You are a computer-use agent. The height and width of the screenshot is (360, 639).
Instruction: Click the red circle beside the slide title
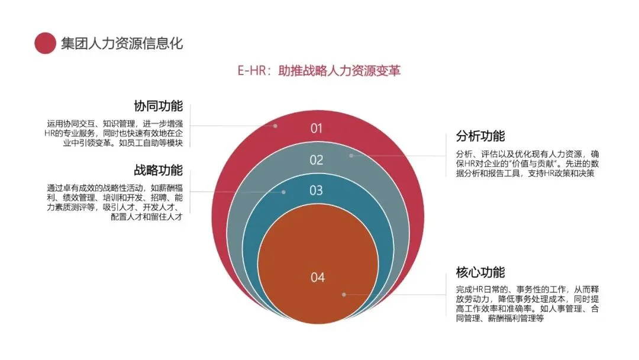pyautogui.click(x=45, y=43)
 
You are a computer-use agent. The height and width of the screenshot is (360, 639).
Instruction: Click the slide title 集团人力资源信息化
pyautogui.click(x=122, y=43)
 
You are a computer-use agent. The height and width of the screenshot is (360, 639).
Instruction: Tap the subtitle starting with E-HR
pyautogui.click(x=319, y=70)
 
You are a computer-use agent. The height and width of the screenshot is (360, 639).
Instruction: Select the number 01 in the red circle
pyautogui.click(x=317, y=128)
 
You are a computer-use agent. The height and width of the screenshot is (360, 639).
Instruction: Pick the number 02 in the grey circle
pyautogui.click(x=317, y=160)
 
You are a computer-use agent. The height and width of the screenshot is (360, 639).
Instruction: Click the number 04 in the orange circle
pyautogui.click(x=318, y=277)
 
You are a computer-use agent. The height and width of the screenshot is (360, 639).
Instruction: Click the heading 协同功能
pyautogui.click(x=158, y=107)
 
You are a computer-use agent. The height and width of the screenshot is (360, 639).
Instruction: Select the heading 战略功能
pyautogui.click(x=158, y=170)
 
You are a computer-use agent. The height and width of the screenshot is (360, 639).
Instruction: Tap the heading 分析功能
pyautogui.click(x=480, y=136)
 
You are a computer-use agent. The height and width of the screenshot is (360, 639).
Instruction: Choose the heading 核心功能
pyautogui.click(x=480, y=272)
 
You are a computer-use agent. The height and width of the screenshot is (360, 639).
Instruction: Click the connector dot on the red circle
pyautogui.click(x=275, y=126)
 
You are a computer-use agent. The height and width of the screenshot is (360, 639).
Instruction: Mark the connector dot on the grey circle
pyautogui.click(x=351, y=156)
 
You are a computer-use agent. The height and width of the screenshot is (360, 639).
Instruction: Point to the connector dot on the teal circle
pyautogui.click(x=284, y=192)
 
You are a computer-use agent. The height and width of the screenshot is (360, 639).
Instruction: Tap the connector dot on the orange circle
pyautogui.click(x=344, y=294)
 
